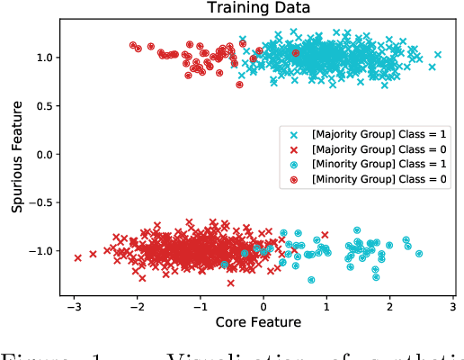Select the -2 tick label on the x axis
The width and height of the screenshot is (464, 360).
coord(136,304)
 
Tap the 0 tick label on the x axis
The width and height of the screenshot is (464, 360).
coord(263,304)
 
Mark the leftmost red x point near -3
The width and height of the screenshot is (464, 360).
coord(77,257)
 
